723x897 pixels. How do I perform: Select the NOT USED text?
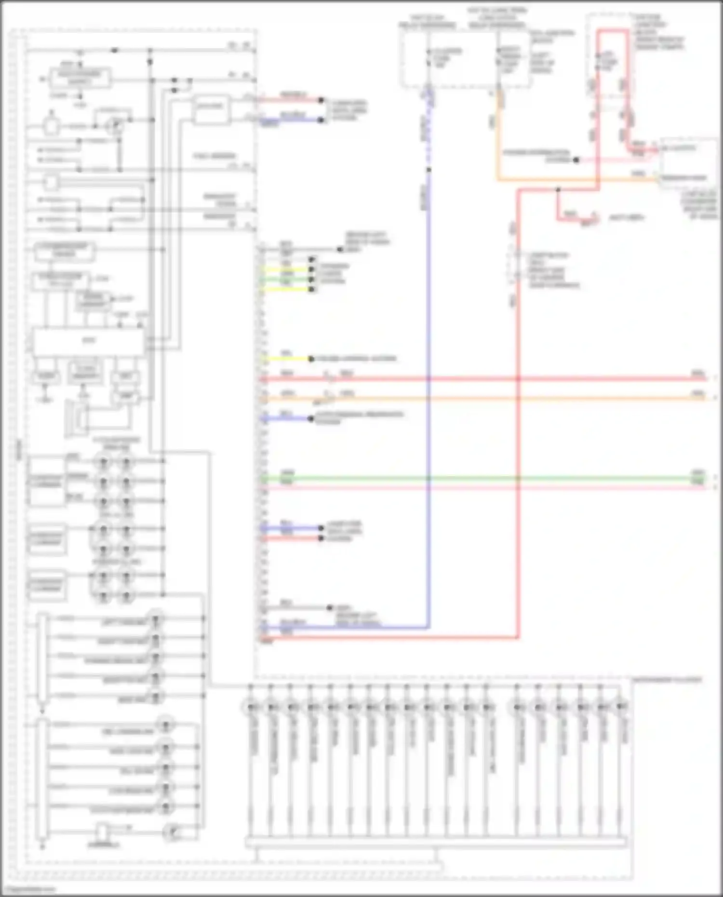click(627, 218)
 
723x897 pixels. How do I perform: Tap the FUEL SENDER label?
click(214, 156)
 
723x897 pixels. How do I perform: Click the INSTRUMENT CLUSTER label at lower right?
click(667, 680)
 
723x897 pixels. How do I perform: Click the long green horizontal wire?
click(482, 478)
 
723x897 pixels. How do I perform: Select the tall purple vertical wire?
click(428, 386)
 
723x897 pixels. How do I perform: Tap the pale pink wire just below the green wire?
click(482, 488)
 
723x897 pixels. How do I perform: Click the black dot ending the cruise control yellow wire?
click(311, 359)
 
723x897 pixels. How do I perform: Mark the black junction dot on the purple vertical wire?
click(428, 170)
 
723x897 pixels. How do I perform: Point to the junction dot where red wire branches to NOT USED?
click(558, 190)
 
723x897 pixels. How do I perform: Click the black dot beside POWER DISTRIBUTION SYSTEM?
click(576, 160)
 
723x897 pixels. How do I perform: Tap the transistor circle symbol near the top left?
click(115, 126)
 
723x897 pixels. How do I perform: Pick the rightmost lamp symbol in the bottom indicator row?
click(621, 708)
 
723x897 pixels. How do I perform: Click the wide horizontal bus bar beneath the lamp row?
click(436, 843)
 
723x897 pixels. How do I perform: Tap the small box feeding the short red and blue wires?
click(211, 110)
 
